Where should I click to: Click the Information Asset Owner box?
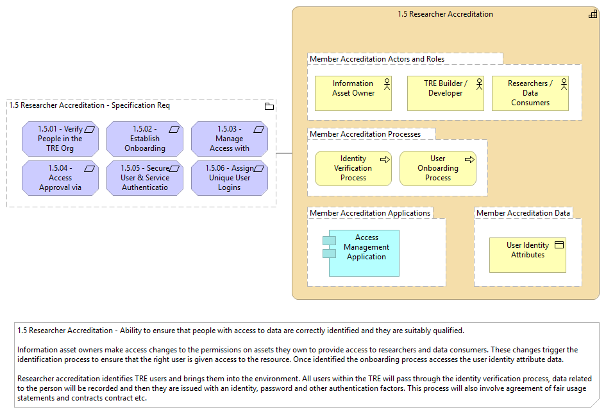tap(353, 93)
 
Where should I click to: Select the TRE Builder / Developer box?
tap(445, 93)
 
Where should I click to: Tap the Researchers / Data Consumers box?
tap(530, 93)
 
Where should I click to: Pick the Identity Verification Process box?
tap(353, 168)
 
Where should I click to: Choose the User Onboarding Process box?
tap(438, 168)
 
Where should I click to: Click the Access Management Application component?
tap(361, 253)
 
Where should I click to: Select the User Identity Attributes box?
tap(528, 255)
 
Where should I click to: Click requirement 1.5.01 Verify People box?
tap(60, 139)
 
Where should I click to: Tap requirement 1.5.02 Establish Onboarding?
tap(145, 139)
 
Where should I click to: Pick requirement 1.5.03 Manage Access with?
tap(230, 139)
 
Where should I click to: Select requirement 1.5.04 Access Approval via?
tap(60, 178)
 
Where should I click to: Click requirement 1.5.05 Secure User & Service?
tap(145, 178)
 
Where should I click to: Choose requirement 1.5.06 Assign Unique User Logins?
tap(230, 178)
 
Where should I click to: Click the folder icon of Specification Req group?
tap(269, 107)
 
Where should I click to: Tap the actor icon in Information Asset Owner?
tap(387, 84)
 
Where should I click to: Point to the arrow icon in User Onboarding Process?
tap(469, 159)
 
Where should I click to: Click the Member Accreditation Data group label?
tap(523, 213)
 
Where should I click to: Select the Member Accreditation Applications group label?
tap(370, 213)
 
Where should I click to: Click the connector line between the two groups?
tap(284, 153)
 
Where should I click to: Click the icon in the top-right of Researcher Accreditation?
tap(593, 14)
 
